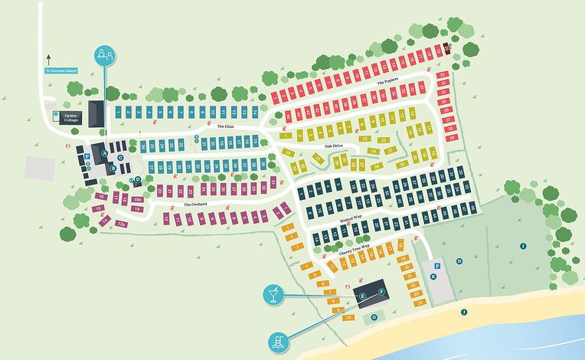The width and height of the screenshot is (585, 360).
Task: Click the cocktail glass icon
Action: point(273,292)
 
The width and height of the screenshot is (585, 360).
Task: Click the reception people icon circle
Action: point(105,55)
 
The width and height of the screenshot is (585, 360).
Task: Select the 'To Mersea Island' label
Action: point(62,71)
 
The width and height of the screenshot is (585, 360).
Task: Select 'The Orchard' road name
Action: point(195,205)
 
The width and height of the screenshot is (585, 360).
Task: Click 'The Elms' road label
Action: point(225,126)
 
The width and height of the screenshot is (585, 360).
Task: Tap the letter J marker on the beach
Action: point(463,312)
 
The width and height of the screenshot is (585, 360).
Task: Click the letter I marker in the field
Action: point(523,246)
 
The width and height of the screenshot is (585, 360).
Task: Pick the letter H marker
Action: point(459,261)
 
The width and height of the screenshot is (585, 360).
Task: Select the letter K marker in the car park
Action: point(433,277)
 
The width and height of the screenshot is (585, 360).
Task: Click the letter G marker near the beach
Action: point(374,316)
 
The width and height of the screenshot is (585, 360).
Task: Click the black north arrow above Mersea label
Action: point(47,57)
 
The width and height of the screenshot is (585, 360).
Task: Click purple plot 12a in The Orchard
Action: point(122,224)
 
